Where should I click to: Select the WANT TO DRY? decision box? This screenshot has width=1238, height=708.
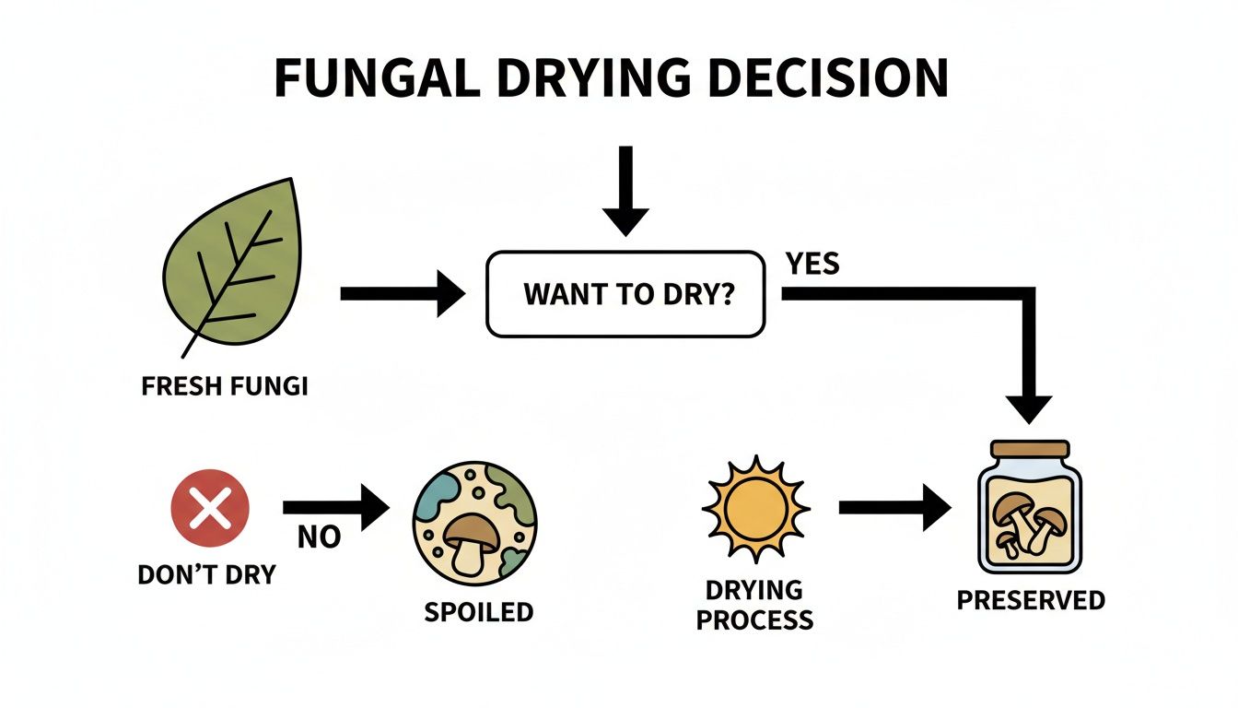point(625,294)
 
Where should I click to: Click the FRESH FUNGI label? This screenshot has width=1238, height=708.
point(225,385)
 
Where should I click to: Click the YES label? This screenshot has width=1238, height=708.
point(812,264)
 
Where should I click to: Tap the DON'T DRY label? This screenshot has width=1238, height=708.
point(206,574)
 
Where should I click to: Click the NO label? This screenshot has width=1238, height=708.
point(319,537)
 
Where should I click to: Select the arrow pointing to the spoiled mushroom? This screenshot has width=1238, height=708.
point(336,507)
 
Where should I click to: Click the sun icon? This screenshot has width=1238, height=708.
point(755,508)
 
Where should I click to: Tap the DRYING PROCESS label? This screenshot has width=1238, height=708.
point(755,604)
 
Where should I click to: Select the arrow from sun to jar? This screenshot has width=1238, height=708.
point(894,508)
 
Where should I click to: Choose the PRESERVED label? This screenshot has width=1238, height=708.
point(1030,600)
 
